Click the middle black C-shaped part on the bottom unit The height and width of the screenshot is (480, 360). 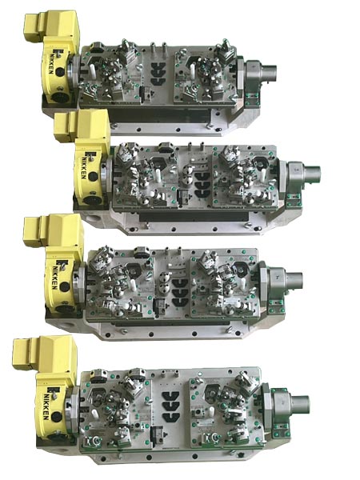pyautogui.click(x=170, y=406)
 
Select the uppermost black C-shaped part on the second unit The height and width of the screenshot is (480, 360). pyautogui.click(x=202, y=176)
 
